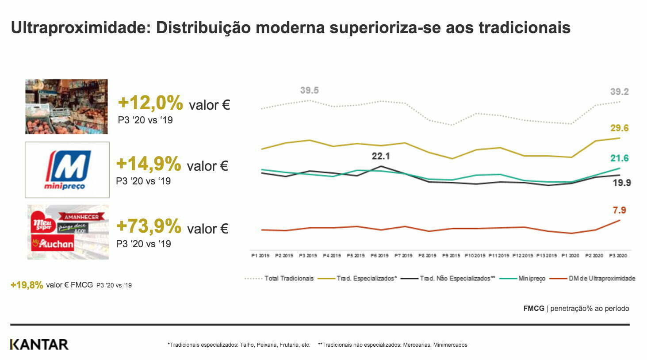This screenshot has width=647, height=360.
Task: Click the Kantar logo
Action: [x=39, y=344]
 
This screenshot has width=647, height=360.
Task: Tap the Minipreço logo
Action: [x=67, y=170]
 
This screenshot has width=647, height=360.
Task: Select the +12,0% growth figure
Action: [x=150, y=103]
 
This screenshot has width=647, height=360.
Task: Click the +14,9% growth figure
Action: [x=149, y=164]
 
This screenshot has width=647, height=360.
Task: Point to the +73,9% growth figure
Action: [x=149, y=226]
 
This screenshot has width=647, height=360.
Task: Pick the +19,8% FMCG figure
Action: [x=27, y=285]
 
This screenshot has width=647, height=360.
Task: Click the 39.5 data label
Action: [x=309, y=91]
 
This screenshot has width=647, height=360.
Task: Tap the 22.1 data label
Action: [x=380, y=156]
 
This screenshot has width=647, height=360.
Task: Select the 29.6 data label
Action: [x=619, y=128]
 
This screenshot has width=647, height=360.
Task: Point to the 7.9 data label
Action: [x=619, y=210]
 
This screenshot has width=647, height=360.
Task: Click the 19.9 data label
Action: [x=621, y=183]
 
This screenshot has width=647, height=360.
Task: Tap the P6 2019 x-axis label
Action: [x=380, y=256]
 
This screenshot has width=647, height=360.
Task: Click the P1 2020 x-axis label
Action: [x=570, y=256]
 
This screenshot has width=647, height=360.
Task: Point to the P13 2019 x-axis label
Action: [x=547, y=256]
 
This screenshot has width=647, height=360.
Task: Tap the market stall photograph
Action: [x=66, y=107]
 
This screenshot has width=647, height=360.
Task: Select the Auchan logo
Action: [x=53, y=243]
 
